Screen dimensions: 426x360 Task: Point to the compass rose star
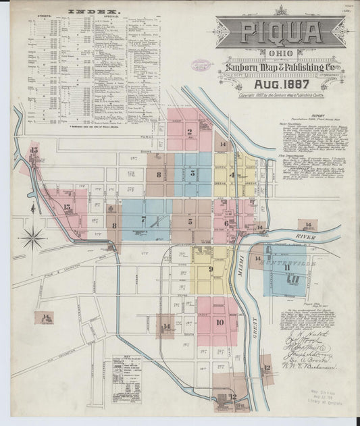[33, 237]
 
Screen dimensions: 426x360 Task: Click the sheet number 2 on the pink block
[190, 132]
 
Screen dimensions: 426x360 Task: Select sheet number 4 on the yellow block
[232, 175]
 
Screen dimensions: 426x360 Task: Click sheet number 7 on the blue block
[143, 219]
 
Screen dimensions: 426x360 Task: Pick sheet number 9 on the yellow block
[211, 269]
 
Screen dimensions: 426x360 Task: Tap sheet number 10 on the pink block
[219, 322]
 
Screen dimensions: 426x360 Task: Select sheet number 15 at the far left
[34, 150]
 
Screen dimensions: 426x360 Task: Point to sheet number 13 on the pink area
[66, 207]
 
